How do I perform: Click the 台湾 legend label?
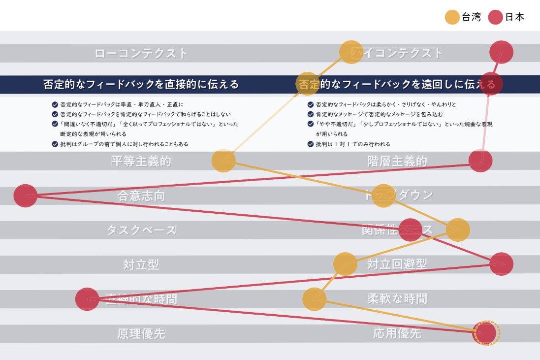tap(471, 17)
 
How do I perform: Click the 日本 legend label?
tap(514, 17)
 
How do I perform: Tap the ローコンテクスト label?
tap(141, 53)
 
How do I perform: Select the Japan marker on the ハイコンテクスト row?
tap(501, 53)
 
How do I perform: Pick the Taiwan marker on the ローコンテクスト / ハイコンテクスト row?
tap(351, 52)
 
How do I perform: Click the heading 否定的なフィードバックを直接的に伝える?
tap(141, 84)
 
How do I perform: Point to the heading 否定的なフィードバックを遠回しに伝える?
tap(399, 84)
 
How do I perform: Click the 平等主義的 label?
tap(141, 161)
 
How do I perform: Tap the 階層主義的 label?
tap(397, 161)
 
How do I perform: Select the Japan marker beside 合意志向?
tap(26, 196)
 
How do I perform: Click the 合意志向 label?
tap(141, 196)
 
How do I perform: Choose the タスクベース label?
tap(141, 230)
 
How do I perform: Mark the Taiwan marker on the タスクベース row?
tap(458, 229)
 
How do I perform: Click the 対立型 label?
tap(141, 264)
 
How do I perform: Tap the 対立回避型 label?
tap(397, 264)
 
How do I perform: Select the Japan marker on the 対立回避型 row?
tap(501, 264)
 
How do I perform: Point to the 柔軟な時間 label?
tap(397, 298)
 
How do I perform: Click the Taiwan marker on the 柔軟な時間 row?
tap(314, 299)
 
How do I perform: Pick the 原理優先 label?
tap(141, 333)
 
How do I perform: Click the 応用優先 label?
tap(397, 333)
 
